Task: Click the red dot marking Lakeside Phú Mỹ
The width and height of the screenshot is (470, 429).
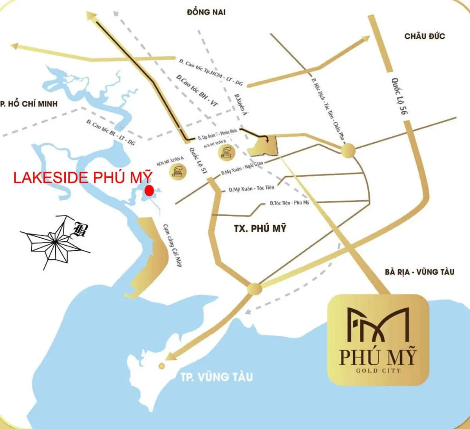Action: click(149, 190)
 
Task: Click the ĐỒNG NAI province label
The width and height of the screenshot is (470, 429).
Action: click(206, 12)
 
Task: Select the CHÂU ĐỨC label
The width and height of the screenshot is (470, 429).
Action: click(425, 36)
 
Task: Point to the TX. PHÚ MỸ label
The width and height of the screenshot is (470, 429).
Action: click(260, 228)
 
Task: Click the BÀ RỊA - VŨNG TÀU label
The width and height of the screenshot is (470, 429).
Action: click(419, 272)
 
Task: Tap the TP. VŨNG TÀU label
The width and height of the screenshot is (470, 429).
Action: click(217, 377)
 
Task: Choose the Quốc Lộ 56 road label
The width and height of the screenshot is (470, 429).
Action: click(400, 96)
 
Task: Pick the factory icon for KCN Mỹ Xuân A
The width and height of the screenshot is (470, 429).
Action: click(177, 171)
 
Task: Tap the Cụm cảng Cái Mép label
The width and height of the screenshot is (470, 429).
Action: click(172, 245)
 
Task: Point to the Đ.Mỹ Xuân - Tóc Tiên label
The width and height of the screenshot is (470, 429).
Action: click(251, 188)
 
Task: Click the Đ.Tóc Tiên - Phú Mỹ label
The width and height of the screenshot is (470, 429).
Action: click(289, 203)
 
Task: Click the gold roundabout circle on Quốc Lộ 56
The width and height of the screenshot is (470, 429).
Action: click(347, 150)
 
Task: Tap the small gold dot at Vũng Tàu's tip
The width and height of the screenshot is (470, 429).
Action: click(161, 366)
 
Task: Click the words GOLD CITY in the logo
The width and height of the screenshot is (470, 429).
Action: click(378, 370)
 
